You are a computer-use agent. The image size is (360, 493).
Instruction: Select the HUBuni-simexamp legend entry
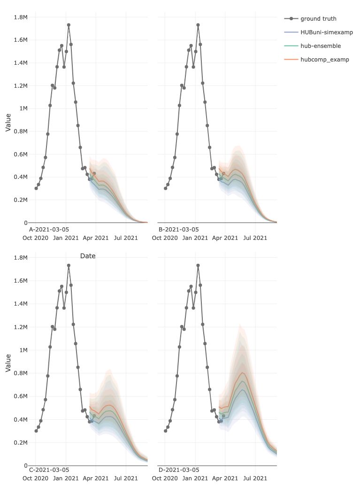click(327, 32)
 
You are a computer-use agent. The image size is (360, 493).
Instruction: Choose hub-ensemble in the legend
click(321, 46)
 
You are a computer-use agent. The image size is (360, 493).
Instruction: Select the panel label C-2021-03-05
click(49, 470)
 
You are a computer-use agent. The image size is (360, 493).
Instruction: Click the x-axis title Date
click(88, 256)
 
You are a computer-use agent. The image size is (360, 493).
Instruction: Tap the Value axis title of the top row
click(8, 121)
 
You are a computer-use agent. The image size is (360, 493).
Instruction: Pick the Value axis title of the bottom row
click(8, 363)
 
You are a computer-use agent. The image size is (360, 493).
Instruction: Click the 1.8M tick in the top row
click(21, 17)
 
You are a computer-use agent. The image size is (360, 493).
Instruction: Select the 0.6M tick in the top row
click(21, 154)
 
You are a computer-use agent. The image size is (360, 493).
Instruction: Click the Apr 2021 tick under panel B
click(225, 238)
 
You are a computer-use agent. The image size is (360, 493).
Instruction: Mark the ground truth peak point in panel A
click(69, 25)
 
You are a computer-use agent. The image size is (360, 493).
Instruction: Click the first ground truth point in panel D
click(165, 431)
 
